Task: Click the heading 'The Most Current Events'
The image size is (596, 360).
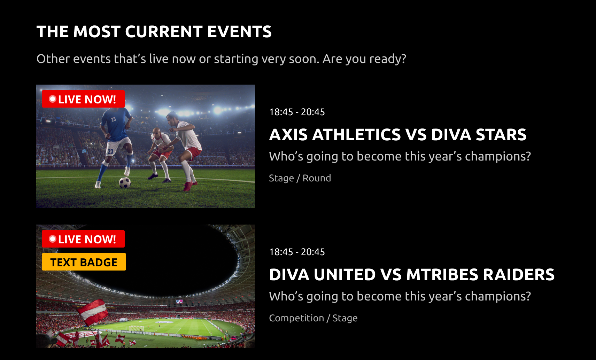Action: tap(154, 32)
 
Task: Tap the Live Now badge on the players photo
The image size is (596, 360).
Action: tap(83, 99)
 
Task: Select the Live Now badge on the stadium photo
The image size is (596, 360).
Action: tap(83, 239)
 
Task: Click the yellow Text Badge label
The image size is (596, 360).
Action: tap(84, 262)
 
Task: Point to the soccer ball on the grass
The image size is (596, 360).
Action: tap(125, 183)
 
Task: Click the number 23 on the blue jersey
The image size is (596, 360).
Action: tap(113, 119)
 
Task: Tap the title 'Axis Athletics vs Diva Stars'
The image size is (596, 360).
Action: tap(398, 134)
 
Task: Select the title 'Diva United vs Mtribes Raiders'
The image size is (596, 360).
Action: tap(412, 274)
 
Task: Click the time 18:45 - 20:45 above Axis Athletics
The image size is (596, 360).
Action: tap(297, 112)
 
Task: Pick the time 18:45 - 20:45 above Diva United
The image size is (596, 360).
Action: tap(297, 252)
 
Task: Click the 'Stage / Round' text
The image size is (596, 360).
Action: tap(300, 178)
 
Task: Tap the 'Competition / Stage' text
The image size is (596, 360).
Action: tap(313, 318)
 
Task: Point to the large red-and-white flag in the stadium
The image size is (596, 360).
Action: tap(93, 312)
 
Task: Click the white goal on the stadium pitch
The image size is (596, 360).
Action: tap(137, 328)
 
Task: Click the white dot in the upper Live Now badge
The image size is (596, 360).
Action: tap(52, 99)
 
